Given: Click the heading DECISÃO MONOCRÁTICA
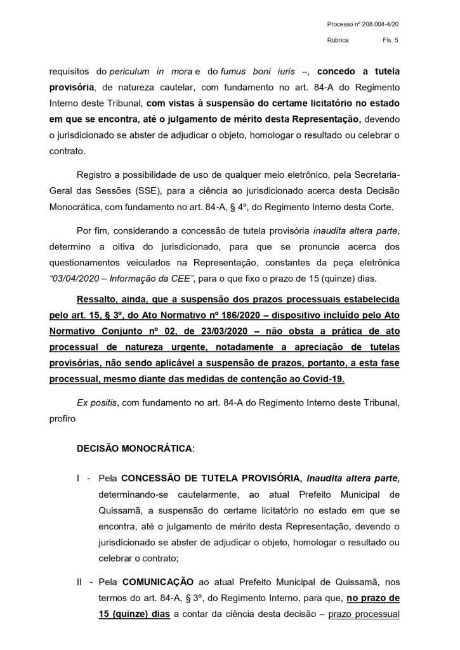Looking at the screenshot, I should click(136, 448).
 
